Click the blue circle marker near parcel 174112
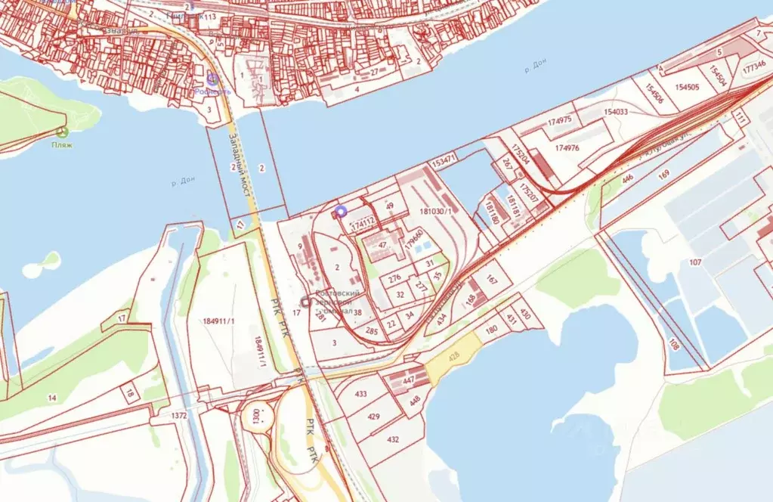pyautogui.click(x=340, y=212)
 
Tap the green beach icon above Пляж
pyautogui.click(x=62, y=132)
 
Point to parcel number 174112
pyautogui.click(x=363, y=223)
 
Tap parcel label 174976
pyautogui.click(x=567, y=148)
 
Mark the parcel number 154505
pyautogui.click(x=687, y=87)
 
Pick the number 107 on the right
pyautogui.click(x=695, y=262)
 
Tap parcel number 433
pyautogui.click(x=360, y=394)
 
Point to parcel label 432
pyautogui.click(x=393, y=439)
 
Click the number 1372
pyautogui.click(x=179, y=417)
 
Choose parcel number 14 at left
pyautogui.click(x=51, y=398)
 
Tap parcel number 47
pyautogui.click(x=382, y=246)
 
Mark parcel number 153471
pyautogui.click(x=444, y=160)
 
